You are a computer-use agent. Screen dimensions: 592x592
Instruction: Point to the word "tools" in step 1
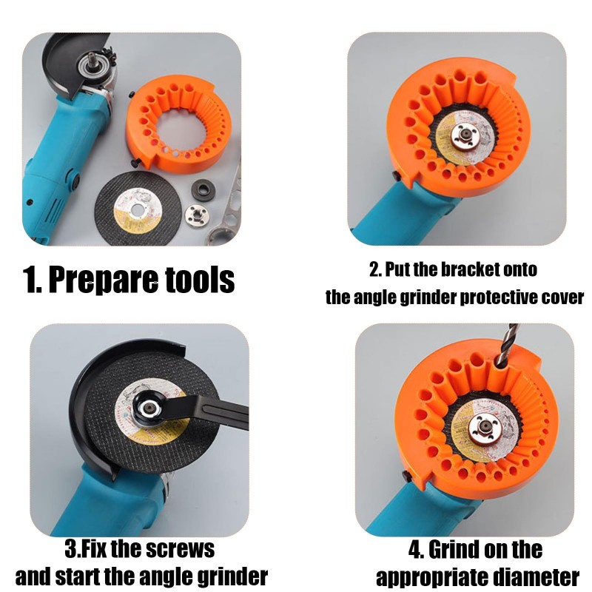pyautogui.click(x=199, y=280)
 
